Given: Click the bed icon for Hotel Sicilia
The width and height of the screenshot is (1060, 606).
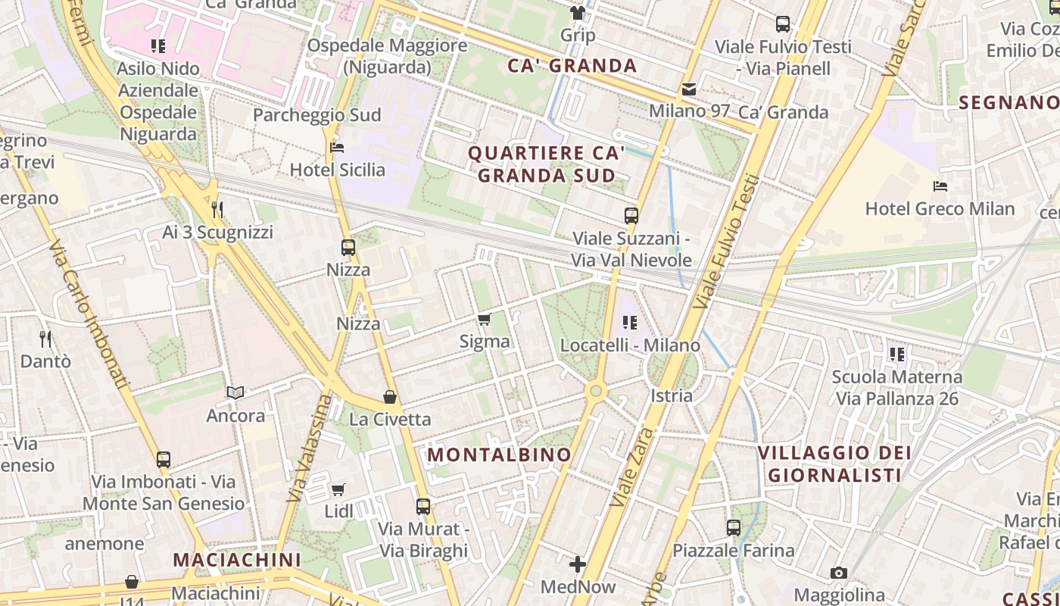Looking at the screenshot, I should (338, 147).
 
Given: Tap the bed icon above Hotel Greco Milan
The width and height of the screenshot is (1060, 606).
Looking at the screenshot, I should (940, 186).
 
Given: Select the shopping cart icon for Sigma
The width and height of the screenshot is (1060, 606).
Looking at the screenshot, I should (485, 319).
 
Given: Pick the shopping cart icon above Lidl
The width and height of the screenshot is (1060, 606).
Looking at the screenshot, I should (338, 489).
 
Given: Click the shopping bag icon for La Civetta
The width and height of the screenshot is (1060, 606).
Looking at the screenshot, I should (390, 397).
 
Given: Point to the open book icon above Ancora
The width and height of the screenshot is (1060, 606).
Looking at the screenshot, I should (236, 392).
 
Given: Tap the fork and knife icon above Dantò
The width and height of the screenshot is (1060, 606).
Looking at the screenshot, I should (45, 339).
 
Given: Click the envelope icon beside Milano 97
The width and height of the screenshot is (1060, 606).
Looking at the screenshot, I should (689, 89).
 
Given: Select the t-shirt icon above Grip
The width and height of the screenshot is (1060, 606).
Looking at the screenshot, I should (578, 13).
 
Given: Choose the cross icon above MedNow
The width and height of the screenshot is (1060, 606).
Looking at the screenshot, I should (578, 564).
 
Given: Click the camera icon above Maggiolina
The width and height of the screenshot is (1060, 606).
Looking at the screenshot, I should (838, 573).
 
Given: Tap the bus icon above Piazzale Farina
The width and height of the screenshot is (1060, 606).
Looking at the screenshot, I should (734, 527).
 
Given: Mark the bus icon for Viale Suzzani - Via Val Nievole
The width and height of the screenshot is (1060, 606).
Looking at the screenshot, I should (631, 216).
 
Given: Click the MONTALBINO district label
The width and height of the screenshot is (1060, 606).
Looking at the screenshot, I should (499, 454).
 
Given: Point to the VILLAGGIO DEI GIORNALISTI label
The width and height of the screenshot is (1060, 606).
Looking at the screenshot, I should (834, 464).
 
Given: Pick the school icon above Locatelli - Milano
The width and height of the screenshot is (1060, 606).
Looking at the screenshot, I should (630, 323).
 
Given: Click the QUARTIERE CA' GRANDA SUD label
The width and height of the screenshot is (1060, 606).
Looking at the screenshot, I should (546, 164).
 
